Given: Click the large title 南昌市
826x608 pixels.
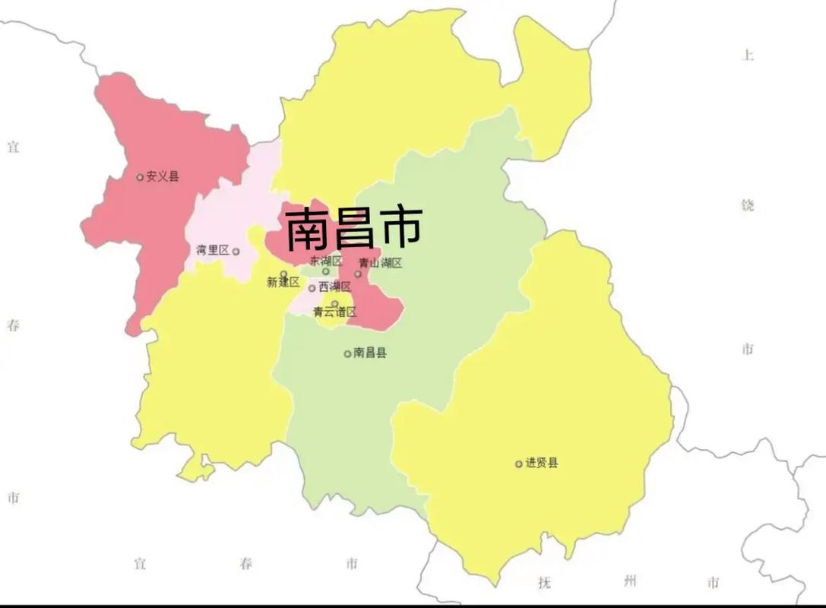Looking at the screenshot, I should (353, 228).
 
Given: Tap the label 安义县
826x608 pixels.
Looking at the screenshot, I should (163, 177).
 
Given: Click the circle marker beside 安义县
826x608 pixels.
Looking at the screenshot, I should (140, 178).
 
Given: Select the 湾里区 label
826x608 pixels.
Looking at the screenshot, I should (212, 250).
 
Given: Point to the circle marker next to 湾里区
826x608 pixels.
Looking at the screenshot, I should (236, 252).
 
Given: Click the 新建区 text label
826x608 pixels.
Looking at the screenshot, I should (284, 283).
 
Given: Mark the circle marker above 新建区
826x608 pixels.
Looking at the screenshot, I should (284, 274).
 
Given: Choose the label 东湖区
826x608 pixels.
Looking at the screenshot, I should (326, 261).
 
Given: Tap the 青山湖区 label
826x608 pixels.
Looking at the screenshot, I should (380, 264).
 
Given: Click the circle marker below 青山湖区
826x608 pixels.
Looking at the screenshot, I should (358, 274).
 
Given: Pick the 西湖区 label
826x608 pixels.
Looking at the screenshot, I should (334, 287).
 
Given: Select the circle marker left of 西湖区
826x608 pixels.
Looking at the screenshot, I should (312, 288).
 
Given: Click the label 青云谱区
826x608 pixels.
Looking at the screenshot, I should (334, 312).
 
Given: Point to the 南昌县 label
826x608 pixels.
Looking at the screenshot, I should (370, 353).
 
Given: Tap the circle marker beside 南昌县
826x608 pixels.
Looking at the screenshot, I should (348, 353).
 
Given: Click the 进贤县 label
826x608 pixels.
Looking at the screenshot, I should (541, 463).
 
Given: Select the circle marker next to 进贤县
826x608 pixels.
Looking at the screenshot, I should (519, 464).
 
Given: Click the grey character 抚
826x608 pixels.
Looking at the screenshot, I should (544, 583).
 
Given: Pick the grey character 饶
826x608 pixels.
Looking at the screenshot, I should (748, 205).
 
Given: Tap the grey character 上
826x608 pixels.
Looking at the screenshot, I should (748, 55).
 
